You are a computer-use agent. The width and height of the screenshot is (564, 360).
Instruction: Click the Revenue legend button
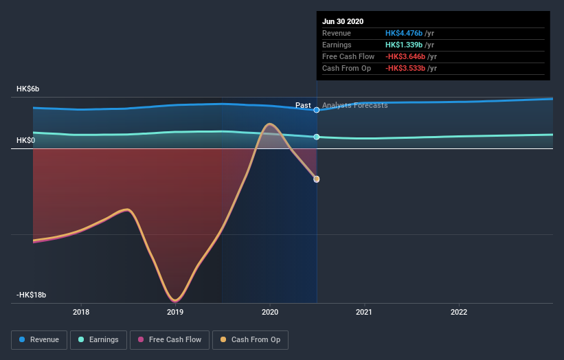point(40,339)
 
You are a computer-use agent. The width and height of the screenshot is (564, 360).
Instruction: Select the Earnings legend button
point(98,339)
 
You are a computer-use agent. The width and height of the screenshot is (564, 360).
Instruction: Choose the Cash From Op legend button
point(253,339)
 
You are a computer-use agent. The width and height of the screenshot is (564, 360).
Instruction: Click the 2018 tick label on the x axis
point(81,312)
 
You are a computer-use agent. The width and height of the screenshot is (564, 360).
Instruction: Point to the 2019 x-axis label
point(175,312)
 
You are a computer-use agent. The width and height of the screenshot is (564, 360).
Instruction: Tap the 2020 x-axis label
point(270,312)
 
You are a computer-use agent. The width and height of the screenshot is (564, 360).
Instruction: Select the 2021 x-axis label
point(364,312)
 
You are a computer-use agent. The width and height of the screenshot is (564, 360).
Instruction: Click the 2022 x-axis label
point(458,312)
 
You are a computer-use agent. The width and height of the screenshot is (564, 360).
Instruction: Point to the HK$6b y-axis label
point(28,89)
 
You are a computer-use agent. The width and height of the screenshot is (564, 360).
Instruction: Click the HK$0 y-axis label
point(26,140)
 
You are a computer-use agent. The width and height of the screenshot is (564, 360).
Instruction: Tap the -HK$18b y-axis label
point(31,295)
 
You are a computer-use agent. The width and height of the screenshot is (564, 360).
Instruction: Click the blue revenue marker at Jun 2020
point(317,110)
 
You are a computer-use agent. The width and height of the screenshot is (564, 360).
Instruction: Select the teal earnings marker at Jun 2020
point(317,137)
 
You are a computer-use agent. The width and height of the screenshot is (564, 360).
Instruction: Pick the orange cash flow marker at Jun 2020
point(317,179)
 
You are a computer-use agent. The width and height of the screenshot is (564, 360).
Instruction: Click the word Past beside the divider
point(303,105)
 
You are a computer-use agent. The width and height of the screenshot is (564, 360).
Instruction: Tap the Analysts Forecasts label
point(354,105)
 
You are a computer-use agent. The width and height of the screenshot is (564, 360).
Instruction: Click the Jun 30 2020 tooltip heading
point(343,21)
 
